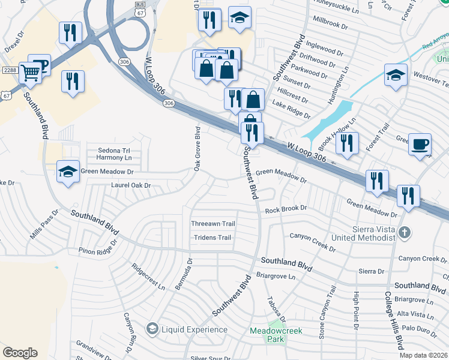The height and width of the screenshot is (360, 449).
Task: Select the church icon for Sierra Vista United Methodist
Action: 405,232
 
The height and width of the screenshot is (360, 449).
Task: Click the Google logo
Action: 20,353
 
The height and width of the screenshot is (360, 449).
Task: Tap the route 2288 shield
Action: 9,70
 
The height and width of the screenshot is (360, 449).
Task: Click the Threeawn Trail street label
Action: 212,224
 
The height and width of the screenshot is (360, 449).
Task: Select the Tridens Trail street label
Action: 212,238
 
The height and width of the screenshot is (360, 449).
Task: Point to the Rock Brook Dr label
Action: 286,209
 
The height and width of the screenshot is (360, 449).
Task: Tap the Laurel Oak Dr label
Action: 130,185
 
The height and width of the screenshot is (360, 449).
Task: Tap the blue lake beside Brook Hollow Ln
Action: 329,118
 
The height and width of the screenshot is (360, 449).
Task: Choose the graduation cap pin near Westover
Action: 396,76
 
